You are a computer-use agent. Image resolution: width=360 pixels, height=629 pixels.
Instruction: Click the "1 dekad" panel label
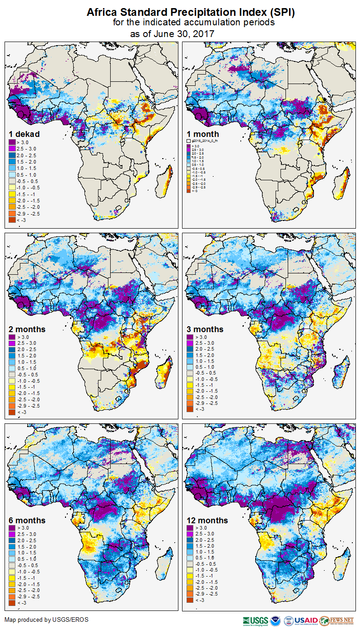(x=24, y=134)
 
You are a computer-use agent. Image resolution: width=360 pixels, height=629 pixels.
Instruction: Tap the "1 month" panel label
(x=203, y=134)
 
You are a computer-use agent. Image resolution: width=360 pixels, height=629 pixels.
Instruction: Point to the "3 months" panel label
(x=205, y=329)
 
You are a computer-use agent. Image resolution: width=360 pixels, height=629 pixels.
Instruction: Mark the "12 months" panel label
(x=207, y=521)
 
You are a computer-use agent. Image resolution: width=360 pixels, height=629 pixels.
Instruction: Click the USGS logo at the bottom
(x=256, y=620)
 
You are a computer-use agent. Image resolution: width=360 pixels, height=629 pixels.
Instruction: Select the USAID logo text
(x=306, y=620)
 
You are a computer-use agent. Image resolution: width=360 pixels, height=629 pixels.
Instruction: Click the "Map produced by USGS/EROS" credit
(x=47, y=620)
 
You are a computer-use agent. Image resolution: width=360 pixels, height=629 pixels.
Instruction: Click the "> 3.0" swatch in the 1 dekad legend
(x=12, y=143)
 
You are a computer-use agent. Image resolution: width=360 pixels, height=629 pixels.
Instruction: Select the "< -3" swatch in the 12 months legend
(x=190, y=600)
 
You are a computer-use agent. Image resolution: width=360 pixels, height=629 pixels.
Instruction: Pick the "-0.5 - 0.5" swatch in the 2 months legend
(x=12, y=375)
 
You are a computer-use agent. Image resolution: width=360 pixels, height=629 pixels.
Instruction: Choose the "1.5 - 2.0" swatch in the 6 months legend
(x=12, y=547)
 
